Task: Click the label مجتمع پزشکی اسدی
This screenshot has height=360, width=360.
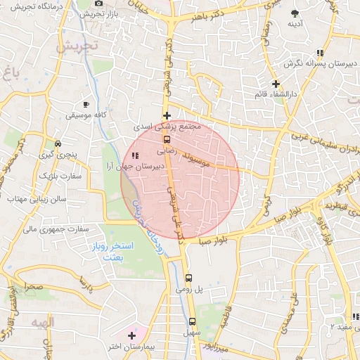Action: (x=171, y=127)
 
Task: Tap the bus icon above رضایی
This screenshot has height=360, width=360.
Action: (x=167, y=139)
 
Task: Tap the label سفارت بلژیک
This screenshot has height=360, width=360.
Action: (x=58, y=174)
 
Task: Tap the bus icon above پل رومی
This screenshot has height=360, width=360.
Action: (x=188, y=277)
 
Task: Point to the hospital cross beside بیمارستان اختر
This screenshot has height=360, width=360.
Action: (x=131, y=335)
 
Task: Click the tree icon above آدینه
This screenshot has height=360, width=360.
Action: (x=295, y=14)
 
